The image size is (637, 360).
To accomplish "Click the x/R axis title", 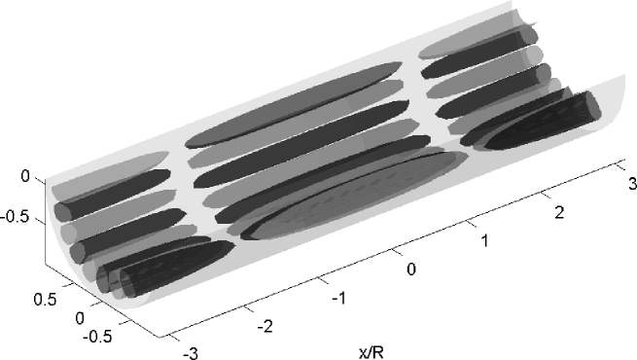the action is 371,352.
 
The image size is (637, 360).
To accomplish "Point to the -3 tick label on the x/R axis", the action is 190,353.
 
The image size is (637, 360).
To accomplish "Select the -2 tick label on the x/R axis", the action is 265,326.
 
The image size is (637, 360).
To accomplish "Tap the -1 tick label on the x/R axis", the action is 338,299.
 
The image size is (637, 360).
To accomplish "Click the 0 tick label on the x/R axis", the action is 411,269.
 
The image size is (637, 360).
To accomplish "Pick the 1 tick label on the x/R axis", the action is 484,240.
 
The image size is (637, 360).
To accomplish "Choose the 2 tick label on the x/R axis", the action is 559,212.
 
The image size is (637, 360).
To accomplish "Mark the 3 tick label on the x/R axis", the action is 632,184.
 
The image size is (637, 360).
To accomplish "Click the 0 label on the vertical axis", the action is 25,176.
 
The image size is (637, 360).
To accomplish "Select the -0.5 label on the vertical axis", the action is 16,217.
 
